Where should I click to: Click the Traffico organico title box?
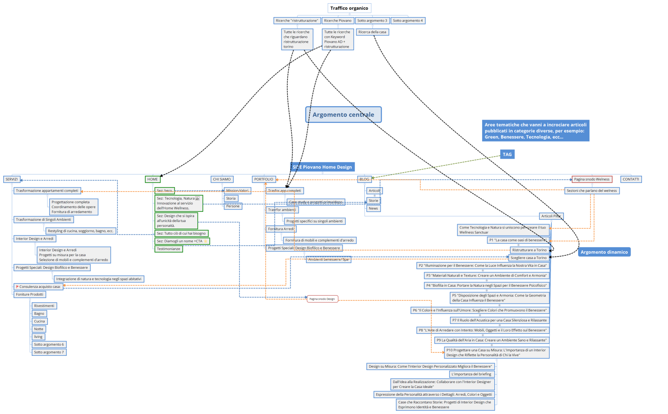point(349,8)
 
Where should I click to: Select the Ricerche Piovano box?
point(337,21)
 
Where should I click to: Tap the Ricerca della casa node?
point(372,32)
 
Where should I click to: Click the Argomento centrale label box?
point(343,115)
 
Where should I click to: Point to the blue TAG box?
point(507,155)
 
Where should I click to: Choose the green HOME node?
point(153,179)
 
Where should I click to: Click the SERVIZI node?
point(11,179)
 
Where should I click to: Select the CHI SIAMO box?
point(222,179)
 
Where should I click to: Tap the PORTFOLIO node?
point(264,179)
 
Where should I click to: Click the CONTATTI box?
point(631,179)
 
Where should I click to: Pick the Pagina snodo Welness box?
point(592,179)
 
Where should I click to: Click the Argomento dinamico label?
point(604,252)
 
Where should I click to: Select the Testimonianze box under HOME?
point(169,249)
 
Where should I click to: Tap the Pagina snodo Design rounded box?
point(322,299)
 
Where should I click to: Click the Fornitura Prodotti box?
point(30,294)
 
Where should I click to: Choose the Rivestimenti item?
point(44,306)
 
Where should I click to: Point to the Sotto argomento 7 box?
point(49,352)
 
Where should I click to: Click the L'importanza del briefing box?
point(471,374)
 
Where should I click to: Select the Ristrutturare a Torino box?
point(529,250)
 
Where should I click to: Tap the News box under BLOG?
point(373,209)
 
